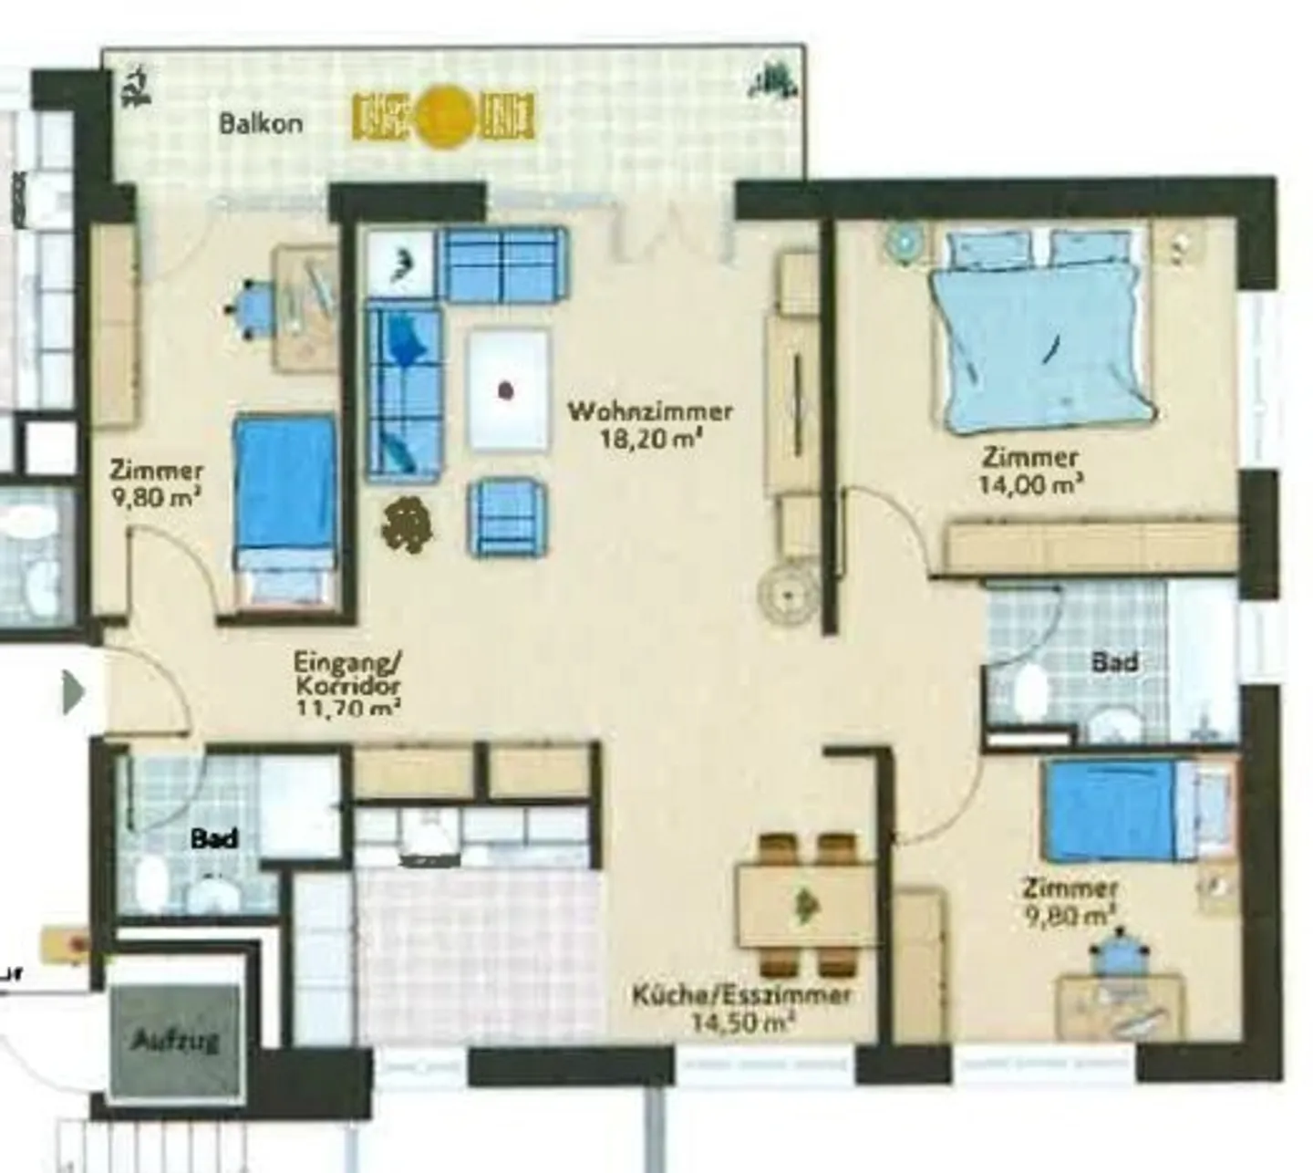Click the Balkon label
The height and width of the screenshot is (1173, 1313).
click(261, 123)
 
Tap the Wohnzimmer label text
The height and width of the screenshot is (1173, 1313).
click(650, 411)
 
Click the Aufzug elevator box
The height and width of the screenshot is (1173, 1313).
click(175, 1040)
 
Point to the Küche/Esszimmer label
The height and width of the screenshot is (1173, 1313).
click(742, 994)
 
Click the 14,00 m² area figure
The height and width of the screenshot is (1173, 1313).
click(1030, 484)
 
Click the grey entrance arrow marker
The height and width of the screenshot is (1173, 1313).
click(73, 693)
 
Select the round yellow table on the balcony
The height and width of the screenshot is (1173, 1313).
click(445, 116)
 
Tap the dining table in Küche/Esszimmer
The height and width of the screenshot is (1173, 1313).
click(806, 906)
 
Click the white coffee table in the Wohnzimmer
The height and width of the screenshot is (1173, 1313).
click(508, 390)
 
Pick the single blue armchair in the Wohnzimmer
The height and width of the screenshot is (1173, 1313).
click(507, 518)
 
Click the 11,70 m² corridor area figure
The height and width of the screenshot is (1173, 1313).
click(349, 707)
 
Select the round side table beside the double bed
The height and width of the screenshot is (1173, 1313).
click(904, 240)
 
